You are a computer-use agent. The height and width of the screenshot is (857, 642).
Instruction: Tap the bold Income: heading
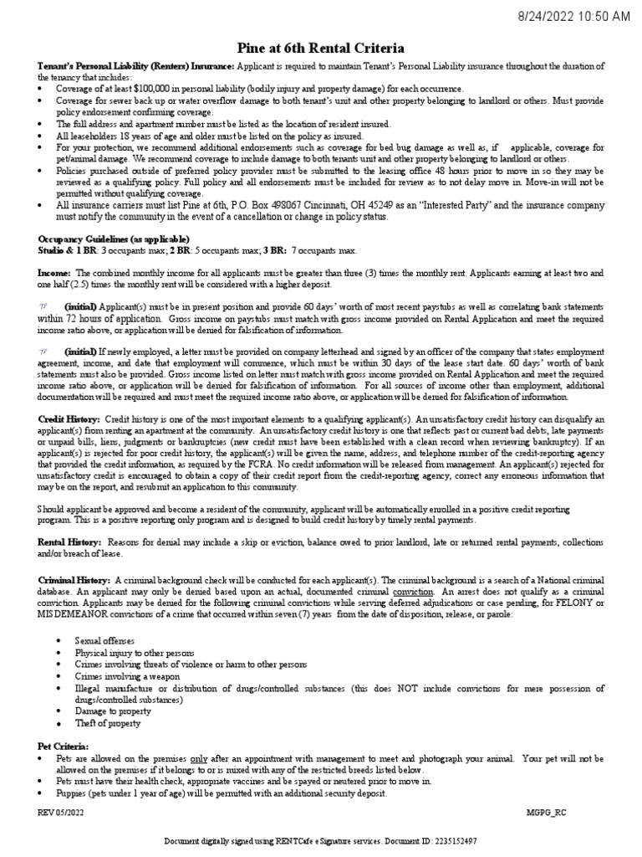coord(54,273)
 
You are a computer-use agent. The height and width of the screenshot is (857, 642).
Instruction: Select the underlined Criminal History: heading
coord(74,579)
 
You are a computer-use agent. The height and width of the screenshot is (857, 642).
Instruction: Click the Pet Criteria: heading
coord(63,745)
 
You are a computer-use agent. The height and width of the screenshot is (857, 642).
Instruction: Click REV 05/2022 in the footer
coord(60,813)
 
